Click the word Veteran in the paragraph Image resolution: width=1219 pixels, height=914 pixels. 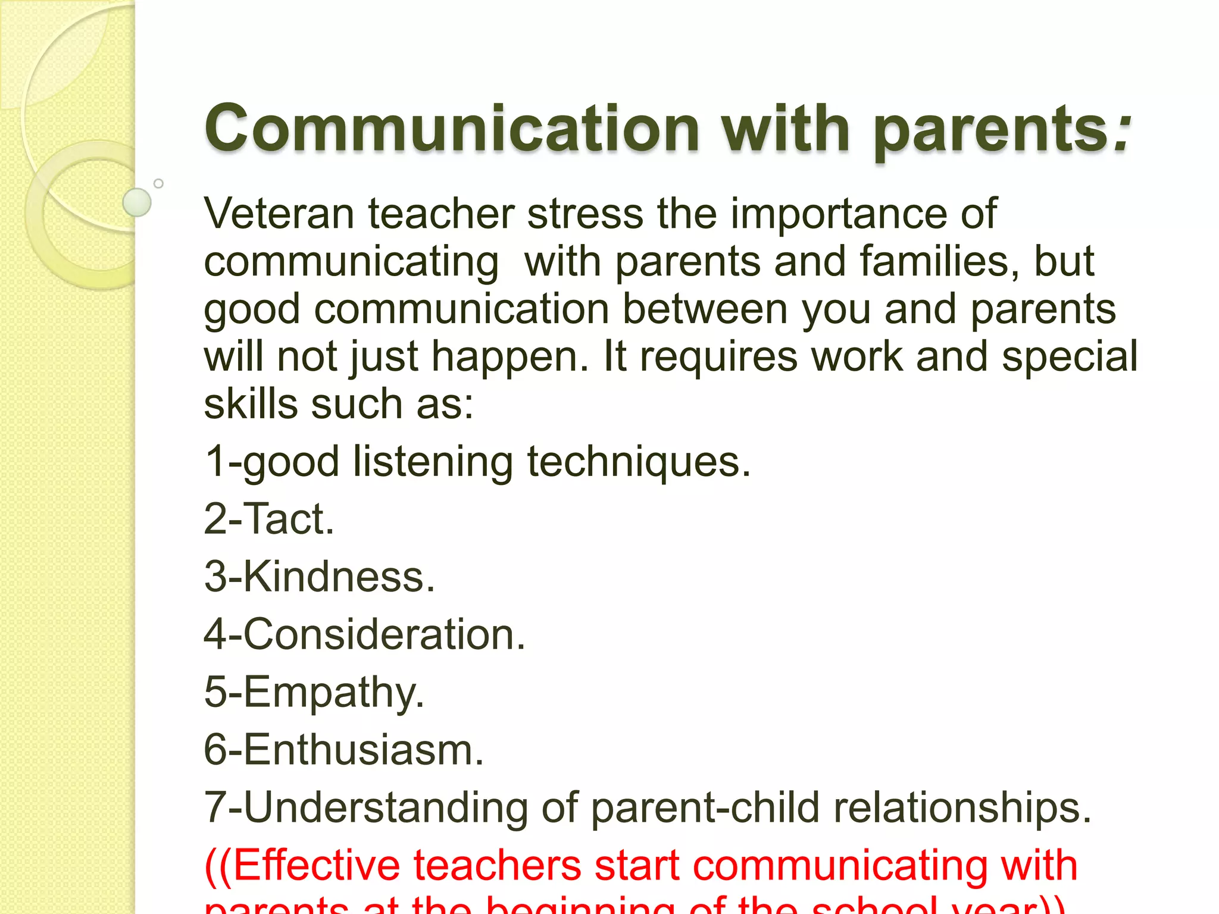point(278,214)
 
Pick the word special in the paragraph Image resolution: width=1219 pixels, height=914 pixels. point(1069,357)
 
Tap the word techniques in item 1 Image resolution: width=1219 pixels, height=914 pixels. point(638,462)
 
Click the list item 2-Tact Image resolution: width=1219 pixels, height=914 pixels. point(269,519)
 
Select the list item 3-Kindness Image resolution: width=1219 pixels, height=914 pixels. point(320,577)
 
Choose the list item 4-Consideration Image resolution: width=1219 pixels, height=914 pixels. point(364,634)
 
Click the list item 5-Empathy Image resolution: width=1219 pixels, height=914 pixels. point(314,693)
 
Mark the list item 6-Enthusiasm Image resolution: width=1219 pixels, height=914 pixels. point(343,750)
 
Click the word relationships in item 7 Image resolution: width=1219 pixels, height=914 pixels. point(961,808)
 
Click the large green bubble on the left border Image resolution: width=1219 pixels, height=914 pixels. point(137,202)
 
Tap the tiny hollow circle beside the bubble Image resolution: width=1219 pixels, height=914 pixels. point(158,183)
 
